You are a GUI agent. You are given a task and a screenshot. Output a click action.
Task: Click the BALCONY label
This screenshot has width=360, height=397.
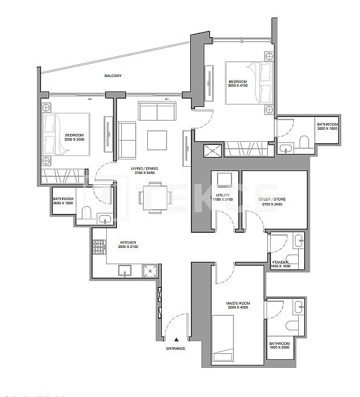113,76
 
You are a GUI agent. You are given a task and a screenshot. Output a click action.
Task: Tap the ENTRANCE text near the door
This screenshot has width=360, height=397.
175,349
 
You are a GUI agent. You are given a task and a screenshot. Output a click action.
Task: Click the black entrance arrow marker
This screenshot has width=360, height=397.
176,340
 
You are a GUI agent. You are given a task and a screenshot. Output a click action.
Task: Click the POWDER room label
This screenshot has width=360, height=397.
279,262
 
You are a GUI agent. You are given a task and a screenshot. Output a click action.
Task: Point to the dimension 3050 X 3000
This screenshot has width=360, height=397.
75,139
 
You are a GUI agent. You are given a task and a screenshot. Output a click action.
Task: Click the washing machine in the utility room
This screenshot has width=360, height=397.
224,180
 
